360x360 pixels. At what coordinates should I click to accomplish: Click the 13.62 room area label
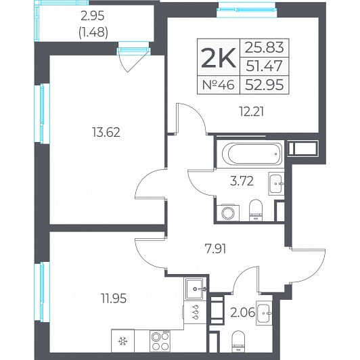coord(106,133)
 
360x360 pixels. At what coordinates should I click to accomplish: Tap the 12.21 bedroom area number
coord(252,112)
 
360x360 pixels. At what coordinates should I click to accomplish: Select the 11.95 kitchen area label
coord(114,298)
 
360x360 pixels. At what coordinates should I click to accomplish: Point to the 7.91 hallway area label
coord(215,248)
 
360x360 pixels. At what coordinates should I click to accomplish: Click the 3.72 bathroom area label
coord(242,181)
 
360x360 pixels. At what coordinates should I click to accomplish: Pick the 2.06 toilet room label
coord(243,312)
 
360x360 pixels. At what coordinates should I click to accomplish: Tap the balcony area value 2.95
coord(93,16)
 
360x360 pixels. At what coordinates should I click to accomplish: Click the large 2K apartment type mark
coord(219,58)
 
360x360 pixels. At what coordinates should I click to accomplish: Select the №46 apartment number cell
coord(219,85)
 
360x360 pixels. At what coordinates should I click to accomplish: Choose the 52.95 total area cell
coord(265,85)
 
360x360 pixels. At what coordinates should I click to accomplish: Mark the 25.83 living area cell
coord(265,48)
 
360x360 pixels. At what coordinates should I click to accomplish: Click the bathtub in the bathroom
coord(252,154)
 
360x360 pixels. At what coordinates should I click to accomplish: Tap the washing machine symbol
coord(228,212)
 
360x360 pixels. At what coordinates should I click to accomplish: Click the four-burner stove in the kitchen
coord(160,341)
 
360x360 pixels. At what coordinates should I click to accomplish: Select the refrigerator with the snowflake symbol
coord(122,341)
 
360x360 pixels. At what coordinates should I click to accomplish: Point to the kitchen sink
coord(194,289)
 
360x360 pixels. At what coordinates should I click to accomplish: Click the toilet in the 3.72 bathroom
coord(256,210)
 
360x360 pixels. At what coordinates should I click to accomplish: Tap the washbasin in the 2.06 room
coord(264,313)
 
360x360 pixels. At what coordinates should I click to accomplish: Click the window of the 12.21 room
coord(247,9)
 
